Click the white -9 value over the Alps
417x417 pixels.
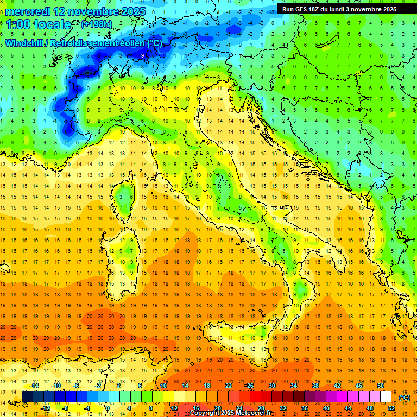point(142,56)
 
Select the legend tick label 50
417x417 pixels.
point(380,386)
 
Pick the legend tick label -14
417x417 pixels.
point(35,386)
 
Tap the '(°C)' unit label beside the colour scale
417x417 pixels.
point(405,397)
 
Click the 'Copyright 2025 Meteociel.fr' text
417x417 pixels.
point(234,413)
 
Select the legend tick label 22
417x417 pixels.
point(228,386)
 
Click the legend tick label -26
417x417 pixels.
point(249,386)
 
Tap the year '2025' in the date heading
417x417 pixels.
point(123,11)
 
